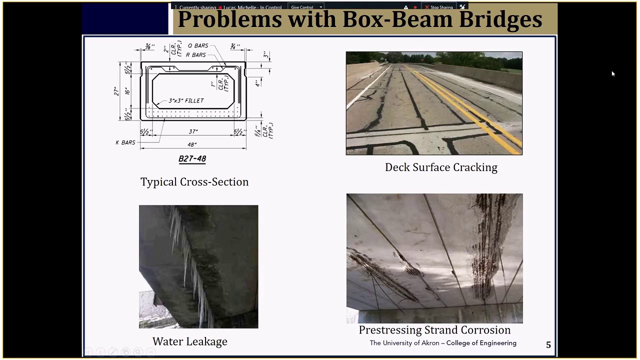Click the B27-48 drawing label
pos(192,159)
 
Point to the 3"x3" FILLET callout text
pos(186,101)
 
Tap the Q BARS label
pos(198,46)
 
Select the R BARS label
pos(195,55)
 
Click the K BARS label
pos(125,142)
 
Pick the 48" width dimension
pos(192,144)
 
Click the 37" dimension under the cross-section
pos(193,132)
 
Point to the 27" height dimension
pos(116,91)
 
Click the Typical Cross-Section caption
pos(194,182)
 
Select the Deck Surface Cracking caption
pos(441,167)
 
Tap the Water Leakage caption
pos(190,341)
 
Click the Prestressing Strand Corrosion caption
pos(434,330)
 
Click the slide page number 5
pos(548,345)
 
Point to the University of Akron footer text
pos(443,343)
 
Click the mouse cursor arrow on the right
pos(613,74)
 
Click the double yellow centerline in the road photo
pos(465,110)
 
